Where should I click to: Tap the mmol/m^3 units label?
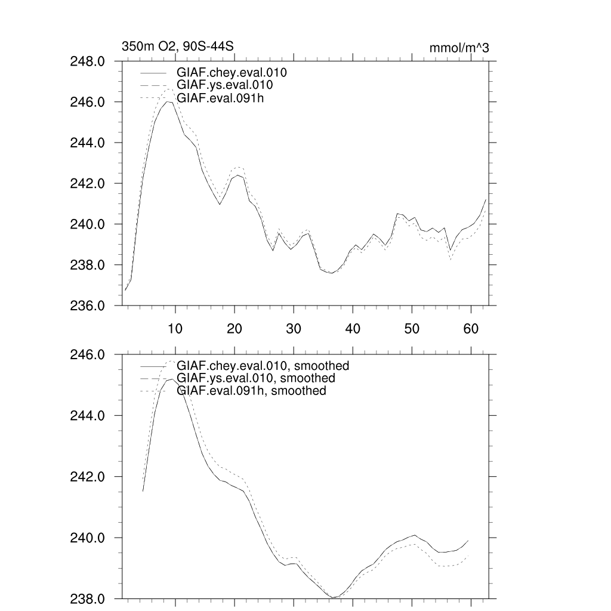point(459,48)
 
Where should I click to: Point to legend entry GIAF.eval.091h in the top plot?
point(220,98)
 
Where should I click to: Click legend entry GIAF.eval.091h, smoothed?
point(251,391)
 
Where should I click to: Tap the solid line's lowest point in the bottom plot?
point(333,597)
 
